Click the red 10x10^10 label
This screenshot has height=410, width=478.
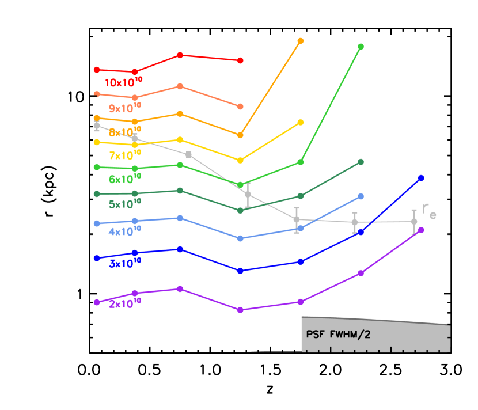click(x=123, y=82)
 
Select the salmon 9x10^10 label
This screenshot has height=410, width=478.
click(x=125, y=108)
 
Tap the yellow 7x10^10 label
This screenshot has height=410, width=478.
click(x=125, y=155)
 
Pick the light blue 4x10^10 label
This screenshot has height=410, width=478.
click(x=125, y=232)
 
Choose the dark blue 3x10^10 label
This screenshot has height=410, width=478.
click(x=125, y=264)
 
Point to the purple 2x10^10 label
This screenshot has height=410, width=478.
click(x=125, y=303)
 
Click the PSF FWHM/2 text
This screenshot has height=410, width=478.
click(x=338, y=335)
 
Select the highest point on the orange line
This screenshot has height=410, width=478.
click(x=301, y=41)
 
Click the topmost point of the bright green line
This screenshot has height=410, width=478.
click(x=361, y=47)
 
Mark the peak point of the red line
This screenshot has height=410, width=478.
click(x=180, y=55)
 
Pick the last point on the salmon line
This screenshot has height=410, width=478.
click(x=240, y=107)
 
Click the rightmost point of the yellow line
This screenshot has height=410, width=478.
click(x=301, y=123)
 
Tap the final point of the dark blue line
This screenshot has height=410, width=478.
click(x=421, y=178)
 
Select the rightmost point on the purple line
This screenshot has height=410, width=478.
click(x=421, y=230)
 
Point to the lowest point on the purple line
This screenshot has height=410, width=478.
click(x=240, y=310)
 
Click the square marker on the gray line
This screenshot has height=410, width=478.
click(x=188, y=154)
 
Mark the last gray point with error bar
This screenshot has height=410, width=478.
click(x=414, y=221)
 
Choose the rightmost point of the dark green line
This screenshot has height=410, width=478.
click(x=361, y=162)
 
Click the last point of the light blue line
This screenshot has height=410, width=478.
click(x=361, y=196)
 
